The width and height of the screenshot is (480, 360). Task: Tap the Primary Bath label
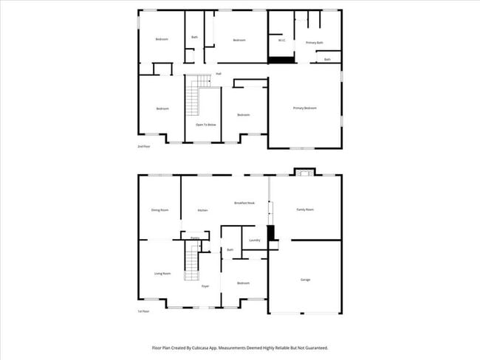point(315,43)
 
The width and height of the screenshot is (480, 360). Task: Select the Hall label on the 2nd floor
point(219,74)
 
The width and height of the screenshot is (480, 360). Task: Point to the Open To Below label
point(205,125)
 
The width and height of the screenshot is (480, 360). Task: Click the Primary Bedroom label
point(304,108)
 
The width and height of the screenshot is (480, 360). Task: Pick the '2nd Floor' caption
point(143,146)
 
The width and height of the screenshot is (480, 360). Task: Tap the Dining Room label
point(160,210)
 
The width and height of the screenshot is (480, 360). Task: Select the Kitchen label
point(202,210)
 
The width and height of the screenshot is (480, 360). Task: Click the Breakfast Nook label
point(244,203)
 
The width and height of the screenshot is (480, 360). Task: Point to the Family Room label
point(305,210)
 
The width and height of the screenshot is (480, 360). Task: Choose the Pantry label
point(194,238)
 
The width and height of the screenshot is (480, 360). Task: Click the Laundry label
point(255,240)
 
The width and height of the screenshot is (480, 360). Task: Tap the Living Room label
point(162,274)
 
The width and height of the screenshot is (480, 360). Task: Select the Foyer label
point(205,286)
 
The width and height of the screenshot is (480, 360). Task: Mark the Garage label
point(305,280)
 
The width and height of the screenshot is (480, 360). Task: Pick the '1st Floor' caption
point(143,311)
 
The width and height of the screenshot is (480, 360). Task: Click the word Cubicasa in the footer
point(212,347)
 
